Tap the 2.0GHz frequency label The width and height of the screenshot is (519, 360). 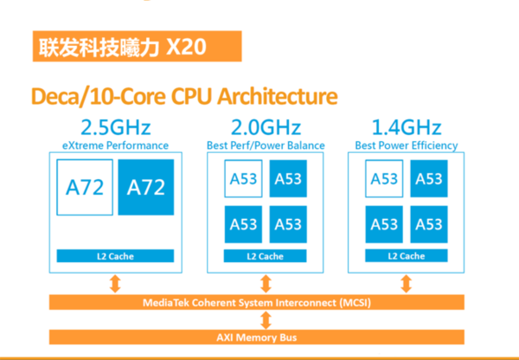[x=265, y=126]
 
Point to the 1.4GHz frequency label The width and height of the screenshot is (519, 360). [x=406, y=126]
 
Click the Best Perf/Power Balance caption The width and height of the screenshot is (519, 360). [x=265, y=145]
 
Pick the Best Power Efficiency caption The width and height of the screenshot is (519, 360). [x=406, y=145]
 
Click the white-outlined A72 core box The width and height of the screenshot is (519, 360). [x=86, y=186]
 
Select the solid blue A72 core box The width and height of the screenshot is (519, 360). [x=145, y=187]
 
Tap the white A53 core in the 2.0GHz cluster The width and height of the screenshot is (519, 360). [x=243, y=179]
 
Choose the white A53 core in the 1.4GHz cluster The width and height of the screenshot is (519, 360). [x=384, y=179]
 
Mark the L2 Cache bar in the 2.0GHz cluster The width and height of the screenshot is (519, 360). [x=265, y=256]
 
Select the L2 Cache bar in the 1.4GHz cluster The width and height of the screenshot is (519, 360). [x=406, y=256]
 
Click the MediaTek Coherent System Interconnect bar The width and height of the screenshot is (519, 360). [x=259, y=302]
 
